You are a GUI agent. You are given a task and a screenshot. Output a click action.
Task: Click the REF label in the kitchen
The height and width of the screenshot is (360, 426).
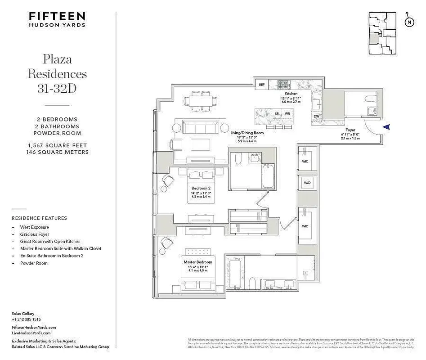coord(261,84)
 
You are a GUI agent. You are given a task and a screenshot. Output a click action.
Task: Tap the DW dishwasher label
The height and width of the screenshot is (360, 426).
coord(317,117)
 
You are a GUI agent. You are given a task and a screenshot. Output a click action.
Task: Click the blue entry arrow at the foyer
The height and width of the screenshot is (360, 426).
coord(386,128)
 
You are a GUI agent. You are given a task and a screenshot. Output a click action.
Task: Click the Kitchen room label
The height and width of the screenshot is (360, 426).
coord(291,93)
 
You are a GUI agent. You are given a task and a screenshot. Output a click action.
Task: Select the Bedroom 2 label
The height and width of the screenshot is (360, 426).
coord(201,188)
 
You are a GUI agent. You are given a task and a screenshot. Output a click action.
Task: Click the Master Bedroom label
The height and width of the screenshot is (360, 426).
coord(197,261)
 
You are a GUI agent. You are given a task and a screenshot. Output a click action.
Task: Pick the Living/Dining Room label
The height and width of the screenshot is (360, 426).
coord(246,133)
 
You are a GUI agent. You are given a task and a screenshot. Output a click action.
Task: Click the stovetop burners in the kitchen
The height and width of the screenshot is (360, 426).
coord(283,83)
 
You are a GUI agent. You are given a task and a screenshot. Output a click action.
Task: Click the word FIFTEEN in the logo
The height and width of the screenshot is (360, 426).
coord(57,16)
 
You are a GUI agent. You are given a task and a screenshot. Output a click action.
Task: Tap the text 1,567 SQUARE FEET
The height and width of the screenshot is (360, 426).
coord(57,145)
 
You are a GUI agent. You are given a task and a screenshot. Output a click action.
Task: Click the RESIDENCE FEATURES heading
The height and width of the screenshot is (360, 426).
coord(39,218)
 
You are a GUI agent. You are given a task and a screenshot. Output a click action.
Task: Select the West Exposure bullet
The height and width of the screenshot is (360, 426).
coord(34,227)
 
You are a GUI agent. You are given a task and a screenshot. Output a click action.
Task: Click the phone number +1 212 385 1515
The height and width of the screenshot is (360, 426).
coord(26,319)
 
